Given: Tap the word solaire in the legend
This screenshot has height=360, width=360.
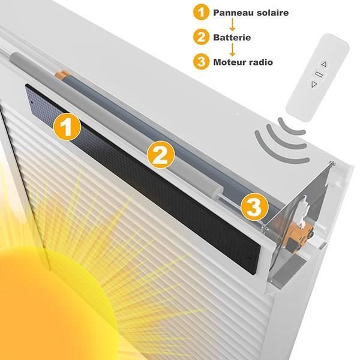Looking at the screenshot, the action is [x=269, y=13].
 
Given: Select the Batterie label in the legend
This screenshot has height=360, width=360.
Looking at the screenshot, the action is [x=232, y=37].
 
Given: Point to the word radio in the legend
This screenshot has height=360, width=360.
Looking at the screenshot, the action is [x=259, y=62].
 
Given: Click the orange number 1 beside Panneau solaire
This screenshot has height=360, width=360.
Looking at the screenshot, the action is [x=201, y=13].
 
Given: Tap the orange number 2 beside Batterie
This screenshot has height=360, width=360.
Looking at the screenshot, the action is [x=201, y=37].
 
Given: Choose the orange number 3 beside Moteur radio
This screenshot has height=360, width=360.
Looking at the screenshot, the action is [x=201, y=62].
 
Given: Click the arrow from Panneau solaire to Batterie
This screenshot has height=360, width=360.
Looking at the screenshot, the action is [x=233, y=25].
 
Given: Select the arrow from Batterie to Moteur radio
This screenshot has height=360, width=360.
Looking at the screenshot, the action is [x=233, y=50].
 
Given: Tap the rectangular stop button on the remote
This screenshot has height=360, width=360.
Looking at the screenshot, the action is [x=319, y=74].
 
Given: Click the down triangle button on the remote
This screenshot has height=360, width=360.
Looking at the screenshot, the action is [x=314, y=85].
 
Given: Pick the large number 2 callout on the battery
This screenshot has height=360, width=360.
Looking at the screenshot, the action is [x=161, y=154].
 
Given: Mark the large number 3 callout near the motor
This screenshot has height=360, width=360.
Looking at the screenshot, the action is [x=254, y=206].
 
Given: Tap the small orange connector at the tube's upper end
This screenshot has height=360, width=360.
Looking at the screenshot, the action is [x=62, y=74].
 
